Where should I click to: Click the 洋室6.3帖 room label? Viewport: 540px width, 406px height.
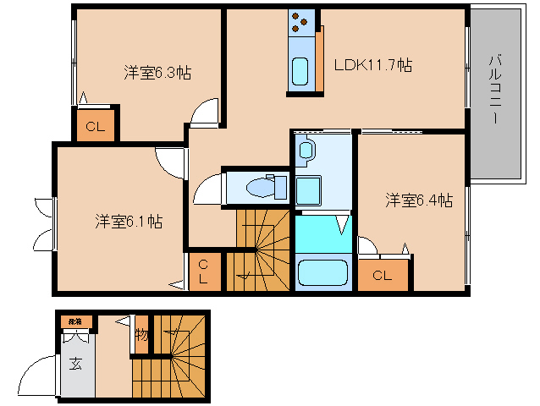tap(157, 73)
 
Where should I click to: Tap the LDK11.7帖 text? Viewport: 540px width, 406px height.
tap(372, 65)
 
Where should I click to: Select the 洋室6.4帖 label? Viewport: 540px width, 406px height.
tap(419, 200)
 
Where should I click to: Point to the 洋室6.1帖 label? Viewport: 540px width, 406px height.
tap(128, 222)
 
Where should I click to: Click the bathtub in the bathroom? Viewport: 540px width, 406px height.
tap(323, 273)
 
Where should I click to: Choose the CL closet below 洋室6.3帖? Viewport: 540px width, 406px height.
tap(95, 128)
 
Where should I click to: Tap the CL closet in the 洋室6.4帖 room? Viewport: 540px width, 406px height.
tap(382, 275)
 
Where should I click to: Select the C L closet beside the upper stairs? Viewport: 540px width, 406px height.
tap(203, 272)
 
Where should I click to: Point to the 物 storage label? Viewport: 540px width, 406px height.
tap(141, 335)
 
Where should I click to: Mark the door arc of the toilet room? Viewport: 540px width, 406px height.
tap(206, 191)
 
